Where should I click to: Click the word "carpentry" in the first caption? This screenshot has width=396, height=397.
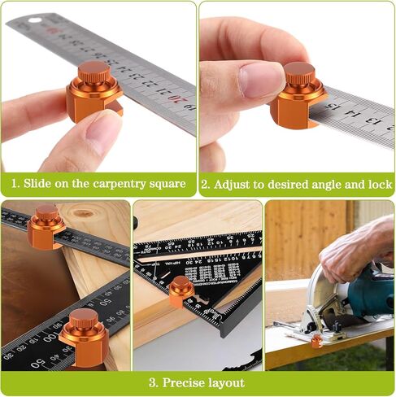tap(123, 184)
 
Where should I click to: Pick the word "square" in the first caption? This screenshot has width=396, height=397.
tap(168, 184)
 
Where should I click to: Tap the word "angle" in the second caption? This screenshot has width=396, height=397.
tap(329, 184)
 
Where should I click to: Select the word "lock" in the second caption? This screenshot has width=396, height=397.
tap(379, 183)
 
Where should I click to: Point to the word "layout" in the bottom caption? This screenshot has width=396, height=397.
tap(228, 382)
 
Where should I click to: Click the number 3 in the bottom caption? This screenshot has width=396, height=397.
tap(153, 382)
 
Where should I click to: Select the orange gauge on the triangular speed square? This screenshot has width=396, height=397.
tap(181, 290)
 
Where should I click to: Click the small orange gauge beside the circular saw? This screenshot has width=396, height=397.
tap(315, 340)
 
